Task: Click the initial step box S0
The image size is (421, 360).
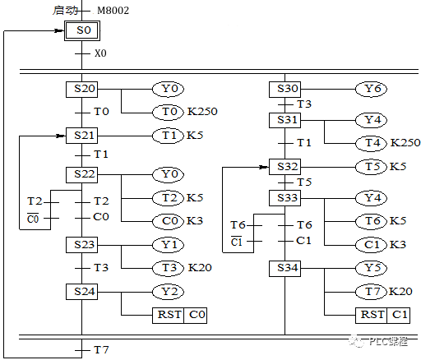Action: [81, 31]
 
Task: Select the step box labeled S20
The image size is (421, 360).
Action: [81, 89]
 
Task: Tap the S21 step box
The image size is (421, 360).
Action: [81, 135]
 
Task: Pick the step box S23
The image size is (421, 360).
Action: [81, 245]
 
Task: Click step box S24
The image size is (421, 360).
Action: [81, 291]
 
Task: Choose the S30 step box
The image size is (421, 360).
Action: [285, 89]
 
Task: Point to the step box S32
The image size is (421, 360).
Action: [285, 167]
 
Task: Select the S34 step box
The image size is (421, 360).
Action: [285, 268]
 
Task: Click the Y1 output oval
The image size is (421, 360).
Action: [167, 245]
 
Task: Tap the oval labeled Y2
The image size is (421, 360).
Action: [167, 291]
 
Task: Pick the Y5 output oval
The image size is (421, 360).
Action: [371, 268]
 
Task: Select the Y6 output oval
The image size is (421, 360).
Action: [371, 89]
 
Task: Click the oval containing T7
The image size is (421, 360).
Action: [371, 291]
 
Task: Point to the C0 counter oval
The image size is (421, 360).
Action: [167, 220]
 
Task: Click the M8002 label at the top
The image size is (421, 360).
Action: [113, 10]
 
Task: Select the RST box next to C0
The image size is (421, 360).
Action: [167, 314]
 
